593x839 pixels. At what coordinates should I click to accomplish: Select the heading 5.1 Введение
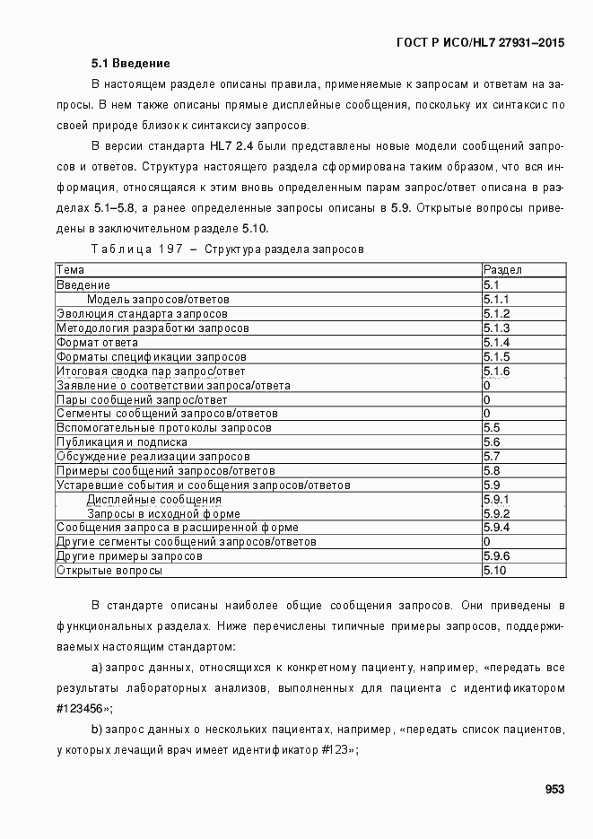(130, 65)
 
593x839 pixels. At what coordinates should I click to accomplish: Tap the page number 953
(554, 790)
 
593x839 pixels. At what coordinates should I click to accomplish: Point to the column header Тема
(71, 270)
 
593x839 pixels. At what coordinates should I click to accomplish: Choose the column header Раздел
(502, 270)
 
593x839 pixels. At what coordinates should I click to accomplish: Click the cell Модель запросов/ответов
(158, 299)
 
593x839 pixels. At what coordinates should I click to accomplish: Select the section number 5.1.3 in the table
(496, 328)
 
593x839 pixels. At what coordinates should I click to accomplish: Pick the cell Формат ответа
(97, 342)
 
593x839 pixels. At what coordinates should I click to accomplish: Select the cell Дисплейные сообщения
(153, 500)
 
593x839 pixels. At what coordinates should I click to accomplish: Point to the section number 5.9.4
(496, 528)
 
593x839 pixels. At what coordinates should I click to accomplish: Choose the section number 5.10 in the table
(494, 571)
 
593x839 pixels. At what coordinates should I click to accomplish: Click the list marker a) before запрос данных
(97, 669)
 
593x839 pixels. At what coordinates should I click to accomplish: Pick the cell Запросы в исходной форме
(163, 514)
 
